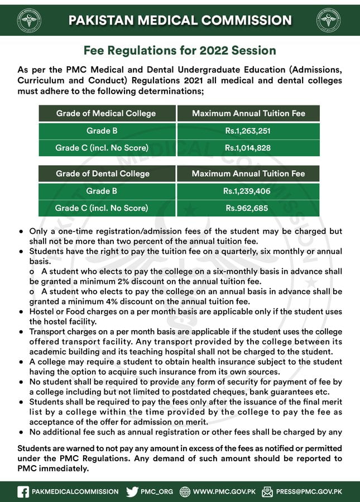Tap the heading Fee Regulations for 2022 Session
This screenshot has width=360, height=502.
point(180,51)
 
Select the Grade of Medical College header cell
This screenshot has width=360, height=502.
point(106,113)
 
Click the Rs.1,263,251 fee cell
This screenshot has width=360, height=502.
point(249,131)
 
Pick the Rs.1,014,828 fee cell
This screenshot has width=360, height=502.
point(249,148)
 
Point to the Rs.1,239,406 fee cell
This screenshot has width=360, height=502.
point(248,191)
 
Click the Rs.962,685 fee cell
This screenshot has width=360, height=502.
point(248,208)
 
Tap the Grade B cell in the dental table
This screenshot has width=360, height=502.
point(102,191)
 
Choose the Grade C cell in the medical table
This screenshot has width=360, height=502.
point(102,148)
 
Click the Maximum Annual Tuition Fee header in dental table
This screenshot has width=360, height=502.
point(248,173)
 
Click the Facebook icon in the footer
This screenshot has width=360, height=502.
point(23,491)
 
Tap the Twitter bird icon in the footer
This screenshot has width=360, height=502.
point(132,491)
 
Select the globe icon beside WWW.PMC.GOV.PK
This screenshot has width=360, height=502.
point(183,491)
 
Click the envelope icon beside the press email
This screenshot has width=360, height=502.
point(267,491)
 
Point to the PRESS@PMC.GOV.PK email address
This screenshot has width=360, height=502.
point(309,491)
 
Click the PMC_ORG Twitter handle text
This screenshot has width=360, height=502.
point(157,491)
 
